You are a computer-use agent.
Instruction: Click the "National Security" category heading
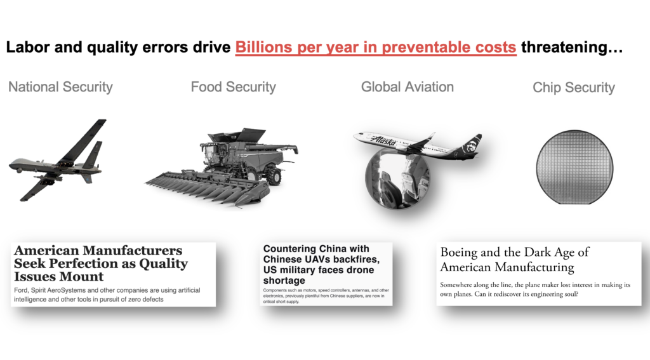point(60,87)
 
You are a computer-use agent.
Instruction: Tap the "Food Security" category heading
point(234,87)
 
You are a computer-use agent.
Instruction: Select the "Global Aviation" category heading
point(408,87)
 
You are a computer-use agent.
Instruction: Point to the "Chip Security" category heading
point(574,88)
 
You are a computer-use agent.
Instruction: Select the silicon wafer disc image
point(574,167)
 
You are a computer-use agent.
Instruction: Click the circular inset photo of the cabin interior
point(397,178)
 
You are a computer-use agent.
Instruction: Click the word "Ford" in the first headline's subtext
point(21,290)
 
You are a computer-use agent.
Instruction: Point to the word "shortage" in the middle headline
point(284,281)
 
